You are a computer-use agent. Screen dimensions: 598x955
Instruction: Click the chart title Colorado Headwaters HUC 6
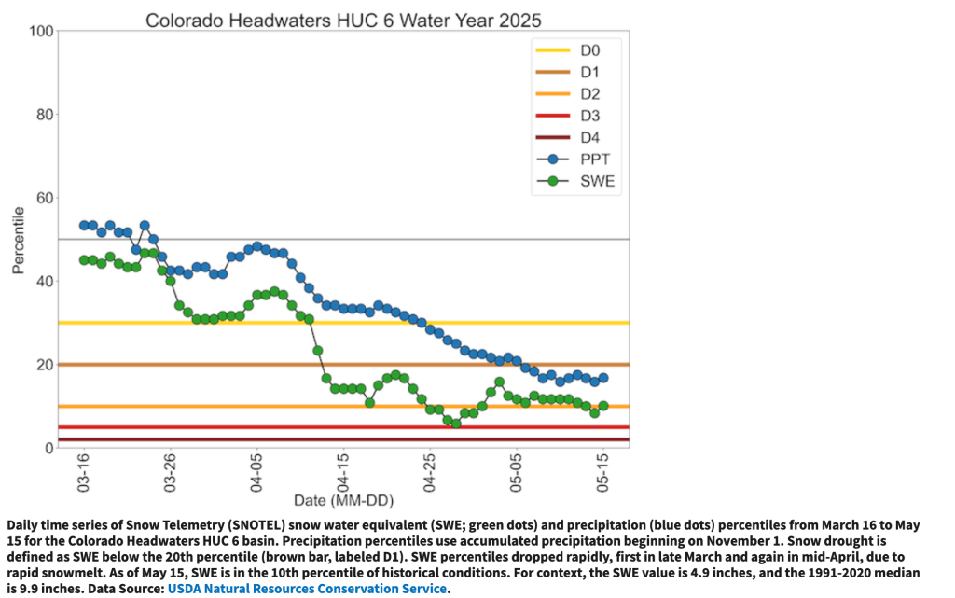(x=343, y=20)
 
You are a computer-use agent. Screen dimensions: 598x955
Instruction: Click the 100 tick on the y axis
(x=38, y=32)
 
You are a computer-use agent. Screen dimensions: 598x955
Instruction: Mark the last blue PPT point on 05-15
(x=602, y=378)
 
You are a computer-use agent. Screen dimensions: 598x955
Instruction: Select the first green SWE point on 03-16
(x=84, y=260)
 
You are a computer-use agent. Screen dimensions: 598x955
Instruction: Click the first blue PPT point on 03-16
(x=84, y=226)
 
